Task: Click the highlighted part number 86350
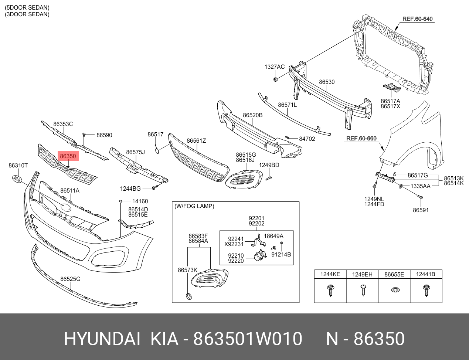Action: (68, 156)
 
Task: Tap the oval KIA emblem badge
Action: (17, 179)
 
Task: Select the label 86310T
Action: (18, 166)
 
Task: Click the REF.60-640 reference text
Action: (417, 19)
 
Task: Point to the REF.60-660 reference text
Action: (361, 139)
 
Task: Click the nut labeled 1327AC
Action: (276, 79)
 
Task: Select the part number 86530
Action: (327, 82)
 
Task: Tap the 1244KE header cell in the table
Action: (330, 274)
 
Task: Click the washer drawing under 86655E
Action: (394, 290)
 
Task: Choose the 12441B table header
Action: (426, 274)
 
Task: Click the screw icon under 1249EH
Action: (362, 290)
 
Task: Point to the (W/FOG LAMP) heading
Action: (194, 206)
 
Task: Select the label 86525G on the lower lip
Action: (70, 279)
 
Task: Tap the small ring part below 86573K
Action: (189, 296)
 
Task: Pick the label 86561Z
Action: (196, 141)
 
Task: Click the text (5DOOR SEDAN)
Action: (27, 8)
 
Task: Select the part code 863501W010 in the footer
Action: (248, 339)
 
